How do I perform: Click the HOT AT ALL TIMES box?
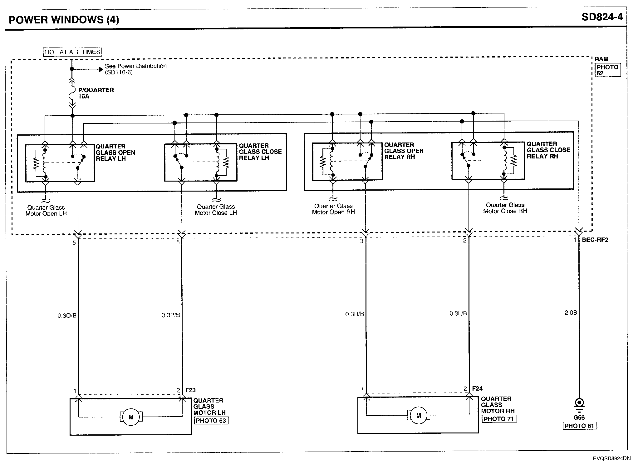coord(72,52)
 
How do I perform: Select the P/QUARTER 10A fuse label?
coord(96,93)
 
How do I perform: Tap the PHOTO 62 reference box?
coord(607,70)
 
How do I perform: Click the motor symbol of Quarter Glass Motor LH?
coord(131,417)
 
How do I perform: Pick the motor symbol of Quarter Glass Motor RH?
coord(418,415)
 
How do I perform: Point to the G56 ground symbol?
coord(579,404)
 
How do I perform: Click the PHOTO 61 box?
coord(580,426)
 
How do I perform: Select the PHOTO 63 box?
coord(211,421)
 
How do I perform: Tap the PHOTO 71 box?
coord(499,419)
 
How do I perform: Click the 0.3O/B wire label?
coord(67,316)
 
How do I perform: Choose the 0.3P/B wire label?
coord(171,315)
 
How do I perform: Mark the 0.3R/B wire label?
coord(355,314)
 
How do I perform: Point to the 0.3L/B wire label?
coord(458,313)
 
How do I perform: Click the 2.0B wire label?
coord(571,312)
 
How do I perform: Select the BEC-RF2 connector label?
coord(595,240)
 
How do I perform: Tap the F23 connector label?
coord(190,390)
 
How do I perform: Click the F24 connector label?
coord(477,388)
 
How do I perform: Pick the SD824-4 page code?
coord(602,17)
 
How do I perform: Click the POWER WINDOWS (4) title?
coord(64,20)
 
